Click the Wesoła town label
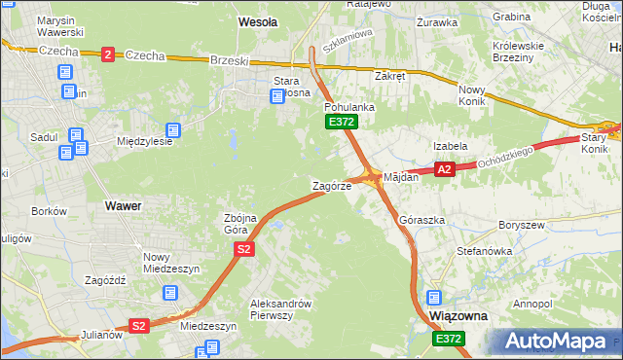point(258,20)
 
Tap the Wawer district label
point(123,206)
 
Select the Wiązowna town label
point(458,317)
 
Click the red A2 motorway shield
point(444,169)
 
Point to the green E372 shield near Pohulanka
point(341,122)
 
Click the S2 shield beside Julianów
point(139,326)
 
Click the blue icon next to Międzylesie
point(173,129)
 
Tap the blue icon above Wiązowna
point(434,298)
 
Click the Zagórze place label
point(331,185)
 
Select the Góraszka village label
point(421,220)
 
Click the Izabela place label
point(451,146)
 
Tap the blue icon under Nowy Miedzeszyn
point(170,291)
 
